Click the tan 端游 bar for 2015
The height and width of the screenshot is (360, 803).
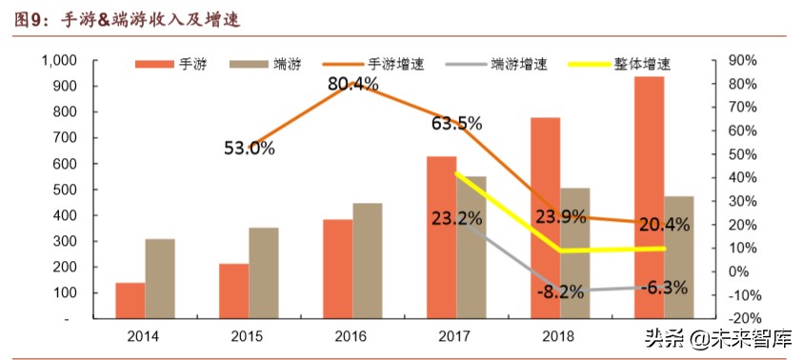(264, 273)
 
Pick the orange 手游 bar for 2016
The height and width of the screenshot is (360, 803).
(337, 269)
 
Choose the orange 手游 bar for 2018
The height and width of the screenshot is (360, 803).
(545, 217)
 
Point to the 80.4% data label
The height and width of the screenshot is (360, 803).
(353, 84)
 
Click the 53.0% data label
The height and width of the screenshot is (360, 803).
(250, 149)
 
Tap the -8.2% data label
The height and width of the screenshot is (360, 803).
(559, 291)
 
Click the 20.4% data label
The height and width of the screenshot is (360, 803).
(664, 225)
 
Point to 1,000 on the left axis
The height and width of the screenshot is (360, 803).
(60, 61)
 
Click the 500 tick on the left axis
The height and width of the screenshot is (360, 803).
(67, 190)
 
